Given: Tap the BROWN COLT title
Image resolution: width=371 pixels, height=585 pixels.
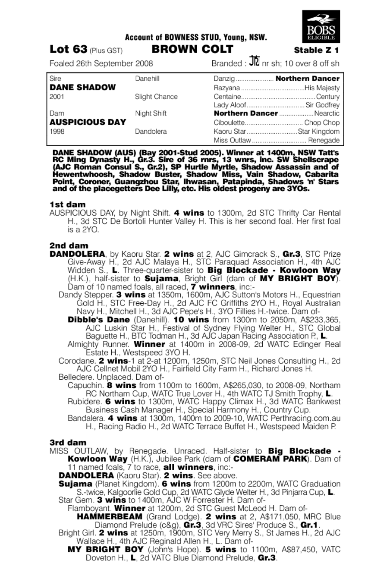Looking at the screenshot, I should point(192,49).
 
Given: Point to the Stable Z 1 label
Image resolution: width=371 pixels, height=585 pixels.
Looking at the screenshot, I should point(316,50).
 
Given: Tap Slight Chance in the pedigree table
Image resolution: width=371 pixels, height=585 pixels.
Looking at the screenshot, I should point(156,96).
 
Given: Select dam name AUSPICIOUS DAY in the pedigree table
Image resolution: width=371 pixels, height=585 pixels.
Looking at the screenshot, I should point(88,122).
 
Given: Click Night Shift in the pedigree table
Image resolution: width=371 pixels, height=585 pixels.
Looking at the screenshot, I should point(151,113).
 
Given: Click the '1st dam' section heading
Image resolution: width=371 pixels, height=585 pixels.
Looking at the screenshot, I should point(67,204).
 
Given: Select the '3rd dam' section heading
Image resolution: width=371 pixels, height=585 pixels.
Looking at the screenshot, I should point(68,443).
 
